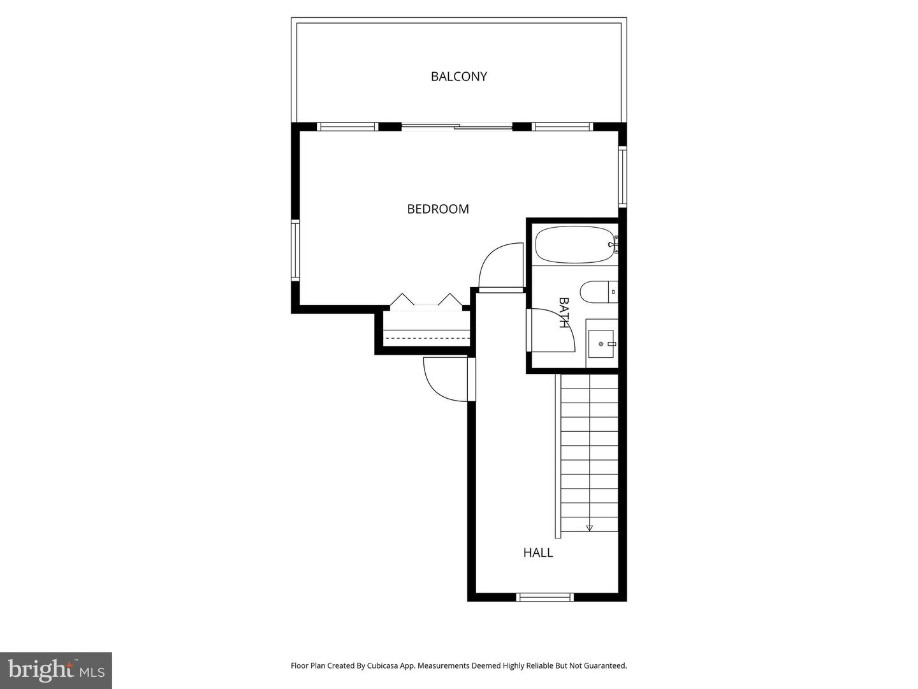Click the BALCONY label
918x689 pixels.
coord(458,77)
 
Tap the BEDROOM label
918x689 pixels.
coord(438,209)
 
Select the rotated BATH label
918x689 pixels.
coord(564,312)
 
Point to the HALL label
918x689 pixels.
coord(538,552)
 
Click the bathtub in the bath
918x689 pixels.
coord(573,245)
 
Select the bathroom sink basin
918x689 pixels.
coord(601,344)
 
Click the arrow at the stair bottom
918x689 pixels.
coord(589,528)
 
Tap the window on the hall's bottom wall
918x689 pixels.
coord(544,597)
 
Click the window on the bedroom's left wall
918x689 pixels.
coord(295,250)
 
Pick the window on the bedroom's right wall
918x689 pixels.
coord(623,177)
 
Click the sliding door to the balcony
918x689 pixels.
coord(457,126)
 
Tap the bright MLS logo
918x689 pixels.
coord(56,670)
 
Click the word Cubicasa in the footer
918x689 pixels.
coord(384,665)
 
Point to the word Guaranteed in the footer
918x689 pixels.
coord(606,665)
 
